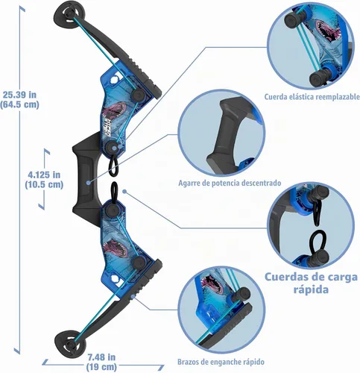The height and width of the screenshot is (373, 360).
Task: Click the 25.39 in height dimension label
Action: tap(20, 99)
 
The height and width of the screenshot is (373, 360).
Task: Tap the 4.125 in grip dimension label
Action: tap(44, 180)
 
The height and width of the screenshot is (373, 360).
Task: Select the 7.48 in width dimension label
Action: tap(101, 362)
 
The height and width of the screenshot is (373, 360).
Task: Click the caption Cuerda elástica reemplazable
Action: tap(312, 96)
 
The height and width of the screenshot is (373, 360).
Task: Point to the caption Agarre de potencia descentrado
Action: tap(230, 183)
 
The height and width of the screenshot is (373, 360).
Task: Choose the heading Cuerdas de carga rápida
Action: tap(311, 283)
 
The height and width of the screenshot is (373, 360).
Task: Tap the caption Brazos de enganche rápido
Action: tap(221, 362)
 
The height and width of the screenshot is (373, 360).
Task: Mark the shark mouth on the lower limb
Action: tap(115, 248)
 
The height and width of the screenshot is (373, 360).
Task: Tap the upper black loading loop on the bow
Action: tap(114, 166)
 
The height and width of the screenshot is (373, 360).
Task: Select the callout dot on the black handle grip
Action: tap(88, 183)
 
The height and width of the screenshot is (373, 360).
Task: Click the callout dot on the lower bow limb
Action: tap(133, 296)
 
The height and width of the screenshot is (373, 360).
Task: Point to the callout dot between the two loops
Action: tap(124, 192)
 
